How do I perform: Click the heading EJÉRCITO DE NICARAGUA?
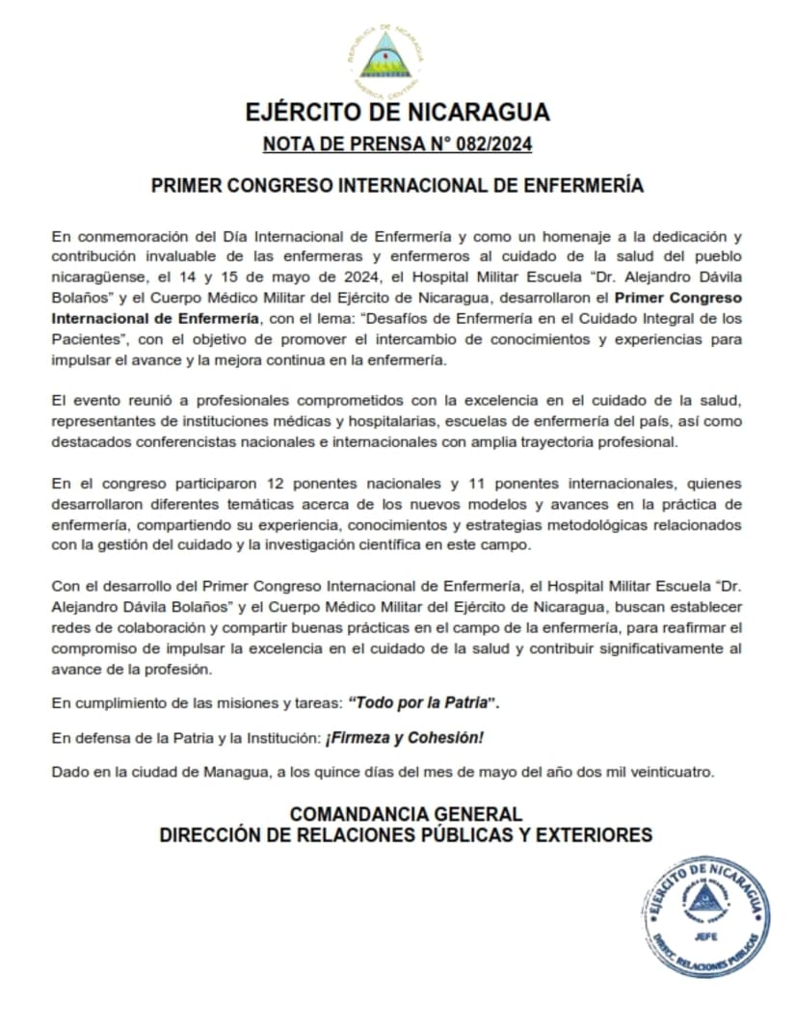point(397,113)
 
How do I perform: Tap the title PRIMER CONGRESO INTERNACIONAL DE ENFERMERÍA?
point(397,186)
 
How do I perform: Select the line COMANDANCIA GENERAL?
point(407,814)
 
